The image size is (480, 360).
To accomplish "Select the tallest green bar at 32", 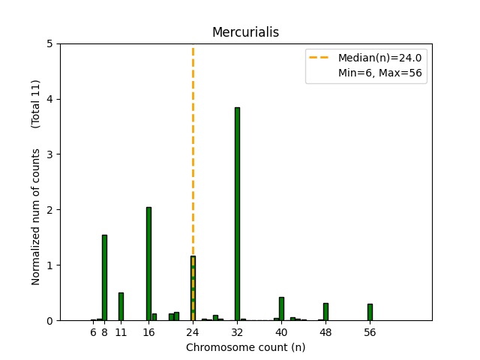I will click(237, 214).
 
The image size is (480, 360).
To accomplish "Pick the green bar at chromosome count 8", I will click(104, 277).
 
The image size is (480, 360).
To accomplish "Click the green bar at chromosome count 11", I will click(121, 307).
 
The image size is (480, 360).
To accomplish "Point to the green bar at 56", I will click(370, 312).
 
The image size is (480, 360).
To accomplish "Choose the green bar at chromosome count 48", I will click(325, 312).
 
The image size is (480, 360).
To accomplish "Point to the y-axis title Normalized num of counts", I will click(36, 217).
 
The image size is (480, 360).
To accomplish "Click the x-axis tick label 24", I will click(193, 331).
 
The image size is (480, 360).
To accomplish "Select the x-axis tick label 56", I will click(370, 331).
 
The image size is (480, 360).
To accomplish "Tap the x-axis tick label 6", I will click(93, 331).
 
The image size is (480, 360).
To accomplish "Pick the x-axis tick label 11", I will click(121, 331).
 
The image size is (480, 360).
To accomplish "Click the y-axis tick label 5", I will click(49, 43).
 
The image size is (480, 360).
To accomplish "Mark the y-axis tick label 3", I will click(49, 154).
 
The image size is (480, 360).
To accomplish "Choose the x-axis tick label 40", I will click(281, 331).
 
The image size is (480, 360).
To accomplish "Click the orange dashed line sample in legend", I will click(320, 58).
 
